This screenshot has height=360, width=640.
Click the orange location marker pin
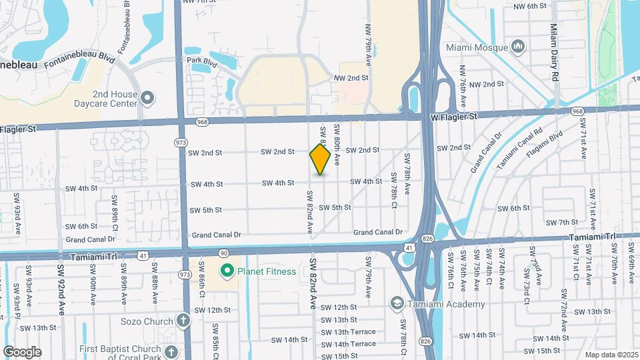point(320,159)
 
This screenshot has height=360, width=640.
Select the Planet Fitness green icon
point(227,271)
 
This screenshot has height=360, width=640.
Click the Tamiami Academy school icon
point(397,304)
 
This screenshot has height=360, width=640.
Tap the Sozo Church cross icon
point(183,321)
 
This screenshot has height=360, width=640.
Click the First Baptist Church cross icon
point(171,351)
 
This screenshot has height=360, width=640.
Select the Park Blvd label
point(203,61)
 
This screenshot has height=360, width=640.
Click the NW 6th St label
point(530,6)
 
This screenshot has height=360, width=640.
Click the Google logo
point(22,351)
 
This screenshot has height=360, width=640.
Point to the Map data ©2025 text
point(611,355)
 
